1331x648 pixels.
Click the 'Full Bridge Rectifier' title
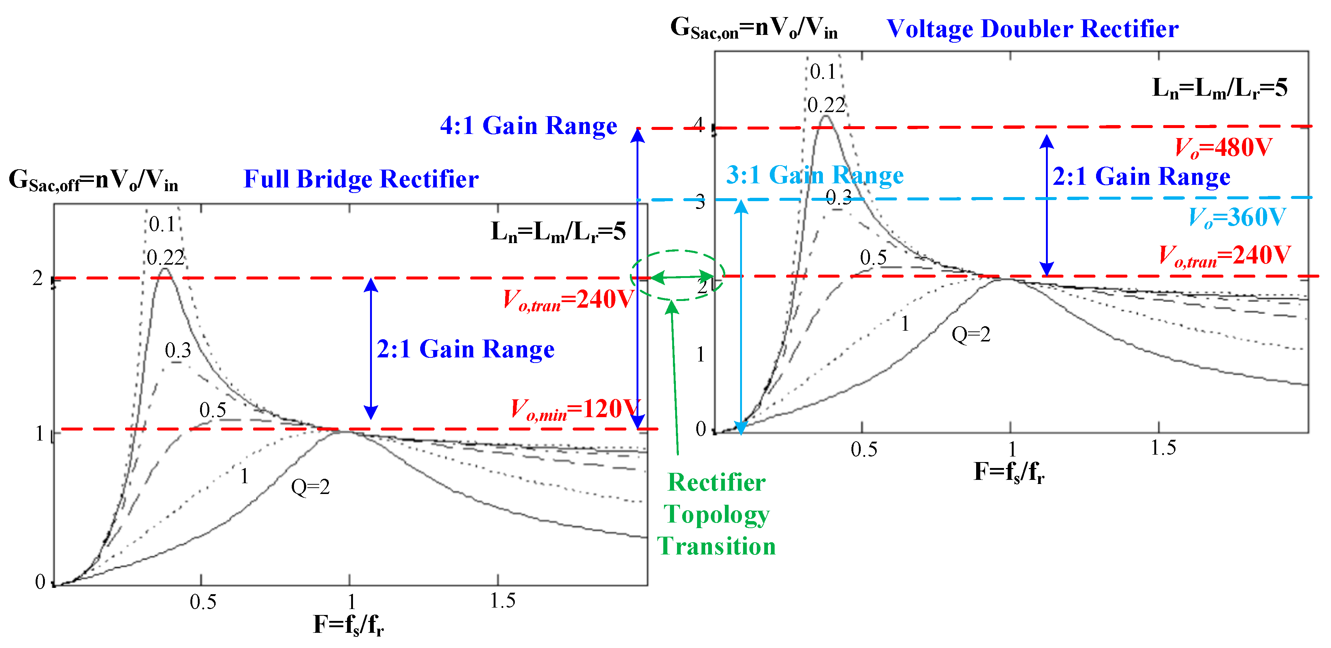[x=361, y=179]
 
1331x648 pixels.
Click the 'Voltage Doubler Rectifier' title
[x=1032, y=29]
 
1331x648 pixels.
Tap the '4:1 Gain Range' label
[x=528, y=125]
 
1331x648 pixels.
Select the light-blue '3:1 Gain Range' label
[x=814, y=175]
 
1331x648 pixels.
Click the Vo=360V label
[x=1236, y=217]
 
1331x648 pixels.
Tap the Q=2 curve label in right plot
[x=971, y=335]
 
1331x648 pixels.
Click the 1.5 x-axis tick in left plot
[x=502, y=601]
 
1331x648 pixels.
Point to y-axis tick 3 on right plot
[x=700, y=203]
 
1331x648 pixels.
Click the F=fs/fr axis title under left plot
[x=349, y=625]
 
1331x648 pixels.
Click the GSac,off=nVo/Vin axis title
[x=93, y=180]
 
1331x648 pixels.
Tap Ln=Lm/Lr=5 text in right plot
[x=1219, y=88]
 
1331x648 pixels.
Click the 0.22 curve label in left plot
[x=165, y=257]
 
